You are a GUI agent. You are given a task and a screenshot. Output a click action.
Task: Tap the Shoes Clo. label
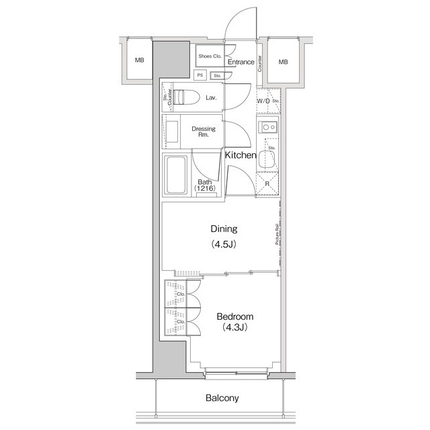pyautogui.click(x=210, y=56)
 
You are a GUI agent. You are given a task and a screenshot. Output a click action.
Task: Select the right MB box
pyautogui.click(x=284, y=62)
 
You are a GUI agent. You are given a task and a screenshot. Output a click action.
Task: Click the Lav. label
pyautogui.click(x=211, y=98)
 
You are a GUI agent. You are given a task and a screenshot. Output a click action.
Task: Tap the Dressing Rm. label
pyautogui.click(x=203, y=132)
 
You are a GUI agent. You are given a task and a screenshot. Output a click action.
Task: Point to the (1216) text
pyautogui.click(x=204, y=189)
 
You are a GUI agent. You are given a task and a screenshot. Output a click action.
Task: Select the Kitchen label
pyautogui.click(x=241, y=156)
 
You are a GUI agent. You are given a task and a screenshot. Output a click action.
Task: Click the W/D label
pyautogui.click(x=263, y=101)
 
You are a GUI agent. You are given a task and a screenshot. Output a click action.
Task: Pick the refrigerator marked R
pyautogui.click(x=267, y=183)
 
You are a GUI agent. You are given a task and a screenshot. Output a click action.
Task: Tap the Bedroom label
pyautogui.click(x=234, y=316)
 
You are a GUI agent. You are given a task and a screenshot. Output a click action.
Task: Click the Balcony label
pyautogui.click(x=222, y=398)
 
